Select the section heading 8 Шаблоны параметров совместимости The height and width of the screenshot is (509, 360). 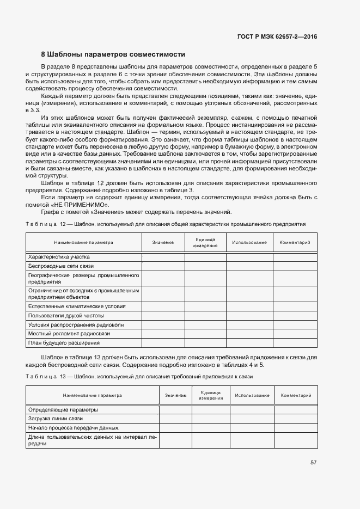[x=113, y=54]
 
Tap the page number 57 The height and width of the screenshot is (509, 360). [x=313, y=463]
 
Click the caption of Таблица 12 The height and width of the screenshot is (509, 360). [x=166, y=224]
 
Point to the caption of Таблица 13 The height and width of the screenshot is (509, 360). [x=139, y=377]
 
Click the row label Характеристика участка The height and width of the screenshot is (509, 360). [x=59, y=256]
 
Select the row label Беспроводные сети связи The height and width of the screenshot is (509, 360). [x=61, y=266]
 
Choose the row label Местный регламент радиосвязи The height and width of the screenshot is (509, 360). [x=69, y=333]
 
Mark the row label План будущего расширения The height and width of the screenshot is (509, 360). [x=64, y=343]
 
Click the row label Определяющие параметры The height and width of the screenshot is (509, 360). [x=63, y=409]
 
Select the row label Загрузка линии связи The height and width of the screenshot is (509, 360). [x=55, y=419]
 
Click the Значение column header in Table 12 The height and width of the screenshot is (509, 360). [x=163, y=242]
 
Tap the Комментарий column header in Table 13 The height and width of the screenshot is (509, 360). [x=296, y=395]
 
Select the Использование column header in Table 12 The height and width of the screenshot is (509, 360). [x=249, y=242]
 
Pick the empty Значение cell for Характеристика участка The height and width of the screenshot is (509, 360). [x=163, y=256]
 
